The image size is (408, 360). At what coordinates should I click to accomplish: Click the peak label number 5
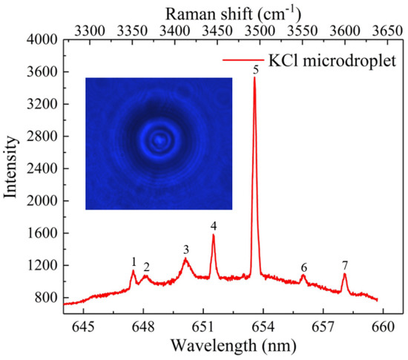(x=255, y=70)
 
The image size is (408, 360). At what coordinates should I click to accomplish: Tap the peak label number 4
(x=214, y=226)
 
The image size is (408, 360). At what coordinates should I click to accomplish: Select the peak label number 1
(x=134, y=261)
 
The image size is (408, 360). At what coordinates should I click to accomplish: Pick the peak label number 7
(x=345, y=265)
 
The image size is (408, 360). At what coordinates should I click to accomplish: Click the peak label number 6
(x=303, y=267)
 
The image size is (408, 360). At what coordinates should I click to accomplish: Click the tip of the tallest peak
(x=254, y=78)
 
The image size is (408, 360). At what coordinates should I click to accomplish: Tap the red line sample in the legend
(x=244, y=58)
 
